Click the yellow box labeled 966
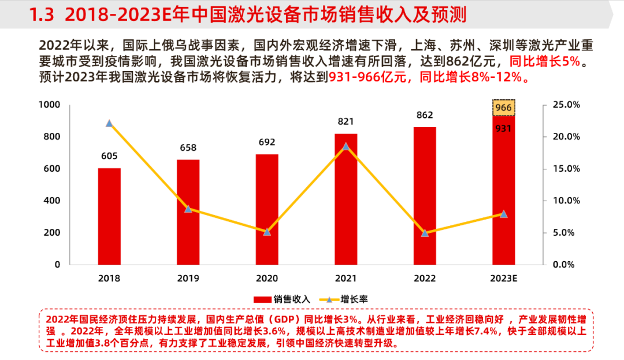click(x=503, y=107)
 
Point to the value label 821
click(x=346, y=121)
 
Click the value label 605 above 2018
click(x=109, y=155)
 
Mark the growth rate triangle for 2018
click(x=109, y=123)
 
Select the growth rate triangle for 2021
click(x=346, y=146)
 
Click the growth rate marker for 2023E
click(x=503, y=214)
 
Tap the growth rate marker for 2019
click(x=188, y=209)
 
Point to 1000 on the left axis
click(x=49, y=105)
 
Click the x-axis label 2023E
click(x=503, y=279)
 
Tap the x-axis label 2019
click(x=188, y=279)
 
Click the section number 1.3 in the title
click(x=40, y=14)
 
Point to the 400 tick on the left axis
click(x=53, y=201)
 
